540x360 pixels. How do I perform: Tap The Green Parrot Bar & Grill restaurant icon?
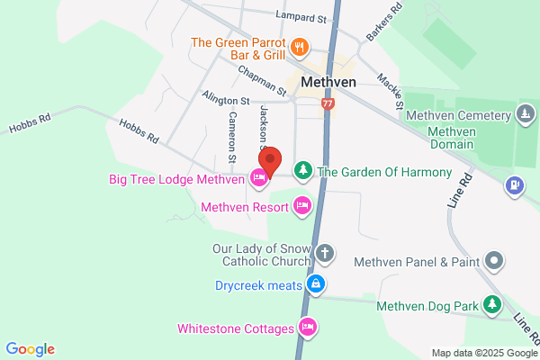(299, 47)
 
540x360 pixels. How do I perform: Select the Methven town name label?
(329, 82)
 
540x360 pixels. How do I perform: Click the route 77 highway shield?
(328, 104)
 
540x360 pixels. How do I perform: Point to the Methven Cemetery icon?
(525, 114)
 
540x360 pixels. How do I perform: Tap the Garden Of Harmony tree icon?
(303, 170)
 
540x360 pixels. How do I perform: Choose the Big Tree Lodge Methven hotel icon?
(258, 178)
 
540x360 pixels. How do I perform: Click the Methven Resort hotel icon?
(303, 206)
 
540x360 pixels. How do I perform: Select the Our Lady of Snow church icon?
(325, 254)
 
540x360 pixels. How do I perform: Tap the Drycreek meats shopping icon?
(315, 285)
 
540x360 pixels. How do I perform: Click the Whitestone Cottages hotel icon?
(308, 328)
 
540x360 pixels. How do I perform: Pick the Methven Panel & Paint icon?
(493, 262)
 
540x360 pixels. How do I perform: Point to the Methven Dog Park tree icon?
(491, 306)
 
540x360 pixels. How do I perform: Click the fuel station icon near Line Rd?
(515, 186)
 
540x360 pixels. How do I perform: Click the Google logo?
(30, 349)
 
